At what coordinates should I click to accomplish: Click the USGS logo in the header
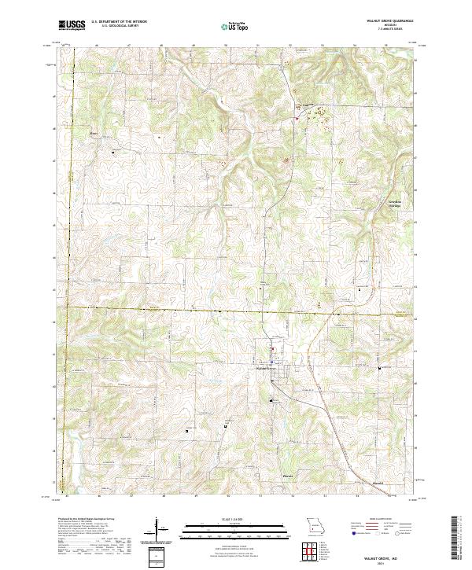[x=72, y=26]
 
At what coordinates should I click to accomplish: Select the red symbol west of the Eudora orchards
[x=296, y=118]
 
